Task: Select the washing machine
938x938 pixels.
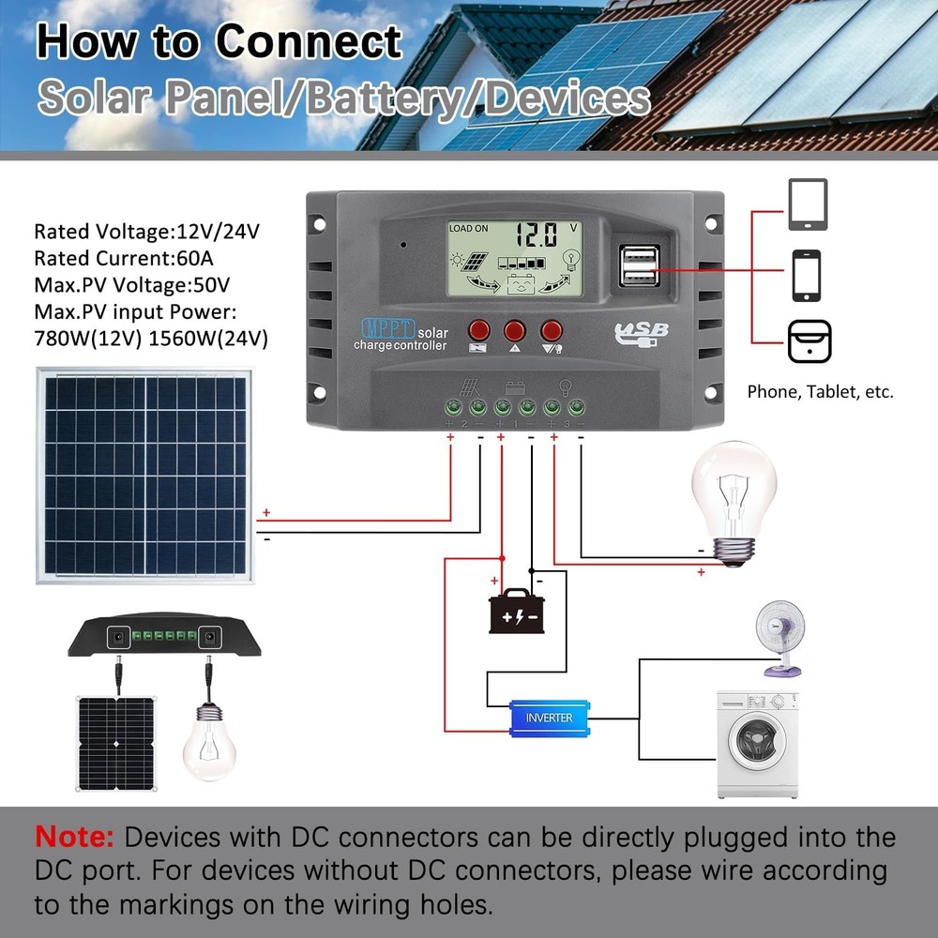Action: click(x=757, y=743)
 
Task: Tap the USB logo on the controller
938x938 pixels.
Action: click(x=642, y=332)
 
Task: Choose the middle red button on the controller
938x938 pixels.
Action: click(x=515, y=330)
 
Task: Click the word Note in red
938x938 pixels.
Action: click(x=74, y=837)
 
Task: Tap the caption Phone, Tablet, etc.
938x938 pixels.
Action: click(x=820, y=392)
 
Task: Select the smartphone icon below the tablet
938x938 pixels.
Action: click(x=808, y=275)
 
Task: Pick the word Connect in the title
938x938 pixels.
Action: click(x=309, y=42)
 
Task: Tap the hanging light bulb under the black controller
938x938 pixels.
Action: click(x=207, y=736)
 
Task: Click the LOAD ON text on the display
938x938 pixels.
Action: click(x=469, y=228)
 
